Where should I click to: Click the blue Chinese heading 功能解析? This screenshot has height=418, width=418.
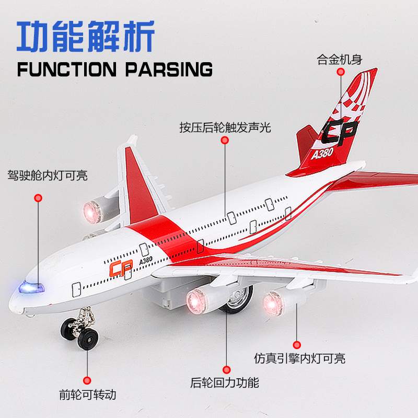(x=86, y=36)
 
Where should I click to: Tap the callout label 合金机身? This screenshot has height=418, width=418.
(x=339, y=59)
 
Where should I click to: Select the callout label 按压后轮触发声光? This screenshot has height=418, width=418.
(x=225, y=127)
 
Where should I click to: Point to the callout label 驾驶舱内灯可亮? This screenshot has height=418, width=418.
(x=47, y=175)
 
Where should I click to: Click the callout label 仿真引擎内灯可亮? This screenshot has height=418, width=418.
(x=299, y=358)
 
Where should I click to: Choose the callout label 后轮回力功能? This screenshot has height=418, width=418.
(x=225, y=382)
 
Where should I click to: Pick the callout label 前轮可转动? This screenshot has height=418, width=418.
(x=87, y=395)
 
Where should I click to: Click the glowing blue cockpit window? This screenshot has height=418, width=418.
(x=31, y=287)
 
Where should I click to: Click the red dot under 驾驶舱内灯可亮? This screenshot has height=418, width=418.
(x=38, y=198)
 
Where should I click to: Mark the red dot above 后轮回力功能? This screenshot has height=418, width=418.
(x=226, y=369)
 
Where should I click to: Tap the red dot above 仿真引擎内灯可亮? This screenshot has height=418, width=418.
(x=297, y=345)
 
